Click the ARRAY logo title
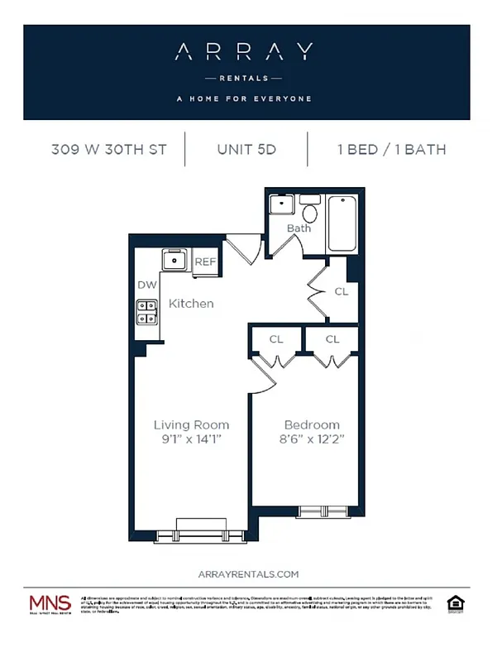click(x=244, y=53)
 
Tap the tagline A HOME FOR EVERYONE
click(x=244, y=98)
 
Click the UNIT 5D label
click(x=246, y=150)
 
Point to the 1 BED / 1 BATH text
click(x=391, y=150)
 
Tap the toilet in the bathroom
click(x=309, y=210)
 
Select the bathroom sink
click(x=281, y=204)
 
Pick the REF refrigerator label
click(x=204, y=262)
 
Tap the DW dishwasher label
click(x=147, y=285)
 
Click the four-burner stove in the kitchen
click(x=148, y=312)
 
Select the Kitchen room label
click(x=191, y=304)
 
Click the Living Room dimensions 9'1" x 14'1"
click(x=191, y=440)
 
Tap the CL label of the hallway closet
click(x=342, y=292)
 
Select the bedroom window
click(x=323, y=511)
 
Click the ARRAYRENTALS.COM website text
click(x=249, y=573)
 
